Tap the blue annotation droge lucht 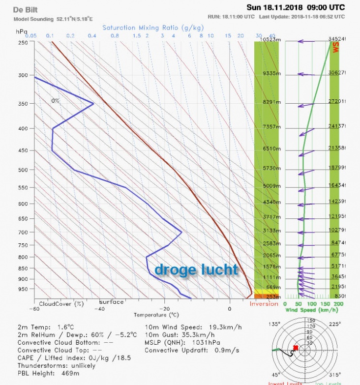pos(196,269)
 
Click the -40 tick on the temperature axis pos(99,308)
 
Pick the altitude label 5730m pos(271,168)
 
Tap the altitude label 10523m pos(270,40)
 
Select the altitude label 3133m pos(271,230)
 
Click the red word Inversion pos(264,304)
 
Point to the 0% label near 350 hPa pos(55,100)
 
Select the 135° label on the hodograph pos(274,324)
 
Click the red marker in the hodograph pos(296,348)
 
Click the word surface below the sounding pos(111,302)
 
